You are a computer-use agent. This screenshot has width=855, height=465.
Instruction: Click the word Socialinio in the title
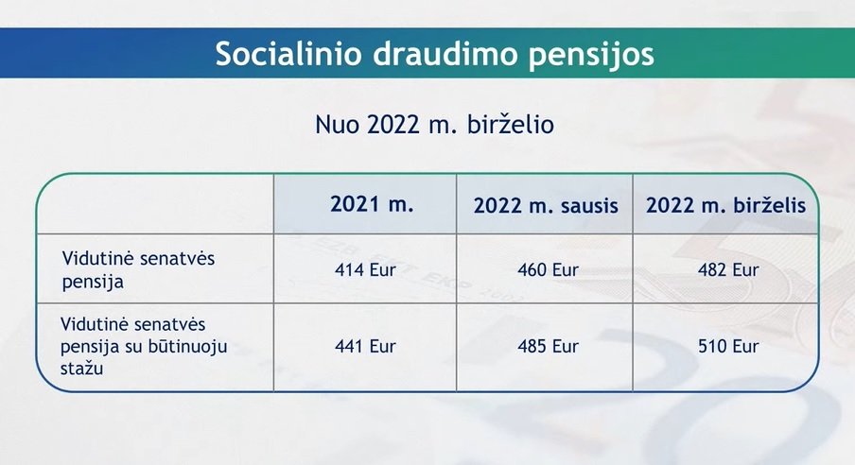coord(288,54)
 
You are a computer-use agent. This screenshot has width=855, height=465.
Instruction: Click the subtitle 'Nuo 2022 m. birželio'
coord(434,125)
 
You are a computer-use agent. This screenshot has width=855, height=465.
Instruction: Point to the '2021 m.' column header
coord(372,204)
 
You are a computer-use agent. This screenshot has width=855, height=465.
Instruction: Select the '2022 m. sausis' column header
coord(546,205)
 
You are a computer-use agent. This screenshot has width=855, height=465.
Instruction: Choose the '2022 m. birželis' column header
coord(725,205)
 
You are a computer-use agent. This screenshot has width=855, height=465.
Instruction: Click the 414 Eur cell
coord(365,270)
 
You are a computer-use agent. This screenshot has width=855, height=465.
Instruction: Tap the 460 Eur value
coord(548,270)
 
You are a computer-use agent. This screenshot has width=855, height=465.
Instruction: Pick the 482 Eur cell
coord(728,270)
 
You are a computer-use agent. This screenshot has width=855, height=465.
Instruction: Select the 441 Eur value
coord(365,346)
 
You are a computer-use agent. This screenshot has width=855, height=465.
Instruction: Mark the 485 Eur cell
coord(548,346)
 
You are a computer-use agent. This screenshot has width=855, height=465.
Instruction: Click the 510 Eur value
coord(728,346)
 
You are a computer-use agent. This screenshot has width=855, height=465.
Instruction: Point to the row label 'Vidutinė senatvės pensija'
coord(138,270)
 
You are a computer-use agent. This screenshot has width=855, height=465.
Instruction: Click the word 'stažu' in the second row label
coord(81,368)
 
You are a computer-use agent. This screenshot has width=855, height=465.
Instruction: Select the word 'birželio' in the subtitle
coord(511,125)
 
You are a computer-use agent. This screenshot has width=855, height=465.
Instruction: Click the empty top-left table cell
coord(155,204)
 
